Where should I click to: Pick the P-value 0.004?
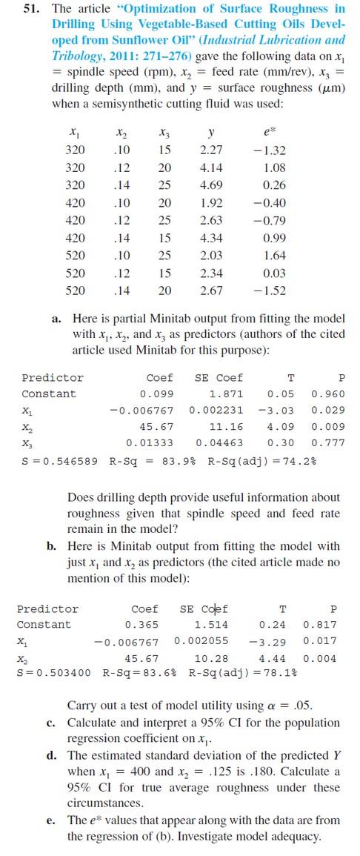320,657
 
